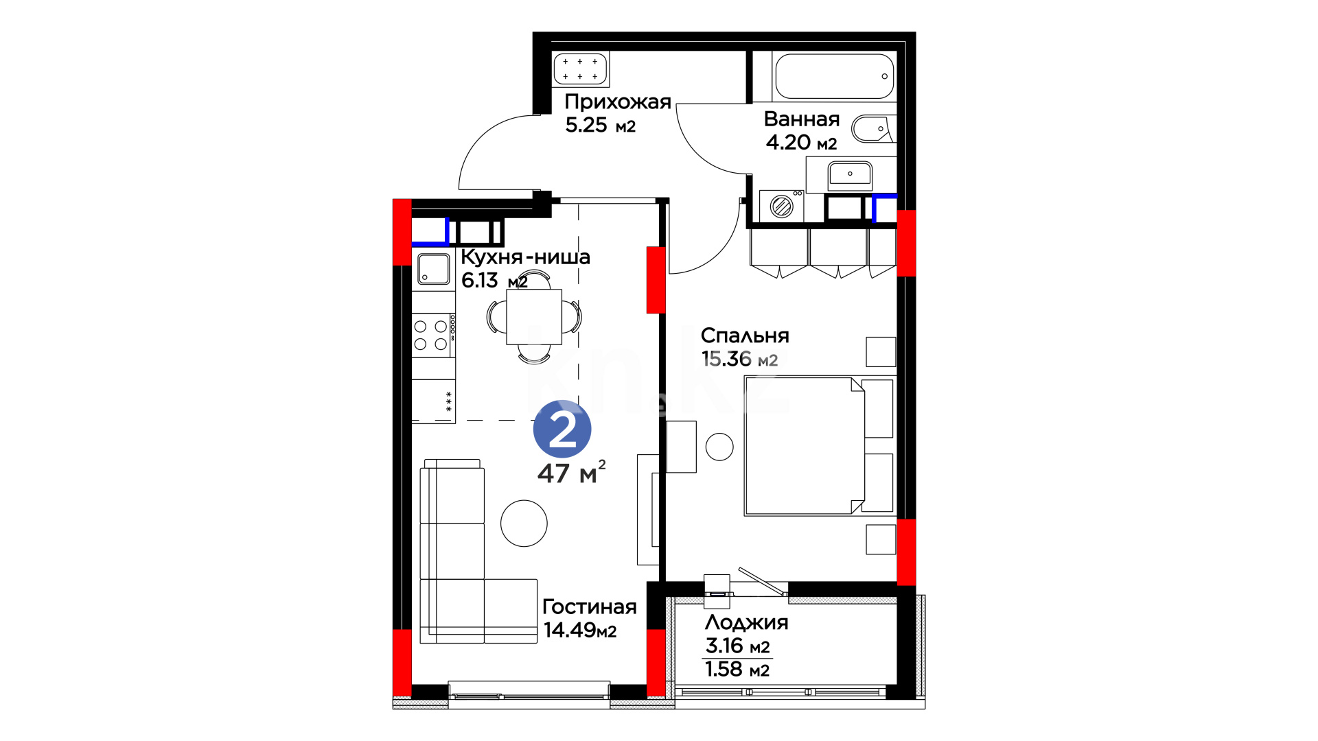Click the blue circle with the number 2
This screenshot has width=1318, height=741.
click(x=562, y=430)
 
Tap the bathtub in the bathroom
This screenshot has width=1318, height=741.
click(x=834, y=76)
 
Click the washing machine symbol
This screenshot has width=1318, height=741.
click(x=781, y=206)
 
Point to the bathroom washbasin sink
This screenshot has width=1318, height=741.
click(x=850, y=174)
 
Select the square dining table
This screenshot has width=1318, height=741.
click(x=534, y=317)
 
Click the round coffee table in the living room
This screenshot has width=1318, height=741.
click(x=524, y=523)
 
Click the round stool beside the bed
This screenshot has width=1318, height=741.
click(x=719, y=447)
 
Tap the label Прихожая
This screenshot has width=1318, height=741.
click(x=618, y=102)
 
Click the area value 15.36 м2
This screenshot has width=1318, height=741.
click(x=739, y=359)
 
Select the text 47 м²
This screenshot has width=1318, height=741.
click(x=571, y=473)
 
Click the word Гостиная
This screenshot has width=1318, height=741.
click(x=590, y=607)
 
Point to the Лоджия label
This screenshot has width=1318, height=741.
click(x=747, y=623)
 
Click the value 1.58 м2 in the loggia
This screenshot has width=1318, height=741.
click(x=737, y=669)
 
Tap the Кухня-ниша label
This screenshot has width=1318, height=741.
click(x=525, y=257)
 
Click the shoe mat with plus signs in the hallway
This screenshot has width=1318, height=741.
click(x=580, y=69)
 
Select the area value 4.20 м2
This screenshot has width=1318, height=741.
click(x=801, y=143)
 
